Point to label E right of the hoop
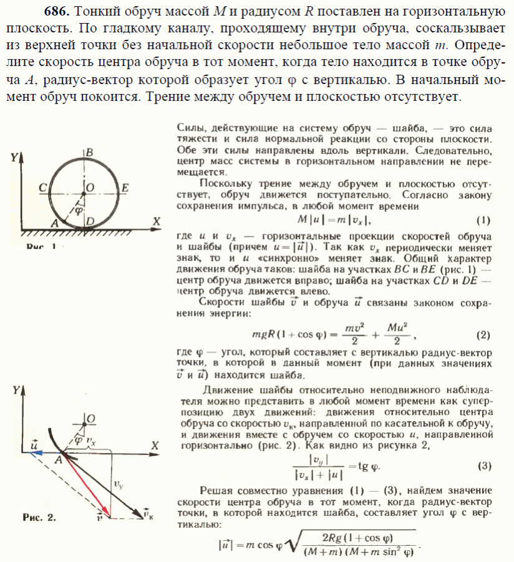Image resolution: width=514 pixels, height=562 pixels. (x=125, y=187)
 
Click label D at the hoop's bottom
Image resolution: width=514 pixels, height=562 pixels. (x=91, y=220)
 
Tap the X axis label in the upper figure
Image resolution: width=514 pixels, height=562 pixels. (x=157, y=221)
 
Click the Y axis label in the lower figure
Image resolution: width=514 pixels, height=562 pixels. (x=15, y=390)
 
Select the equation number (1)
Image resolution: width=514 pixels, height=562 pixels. (x=482, y=220)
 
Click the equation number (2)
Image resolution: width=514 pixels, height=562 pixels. (x=482, y=335)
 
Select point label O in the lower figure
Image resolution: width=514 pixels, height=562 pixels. (x=91, y=418)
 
